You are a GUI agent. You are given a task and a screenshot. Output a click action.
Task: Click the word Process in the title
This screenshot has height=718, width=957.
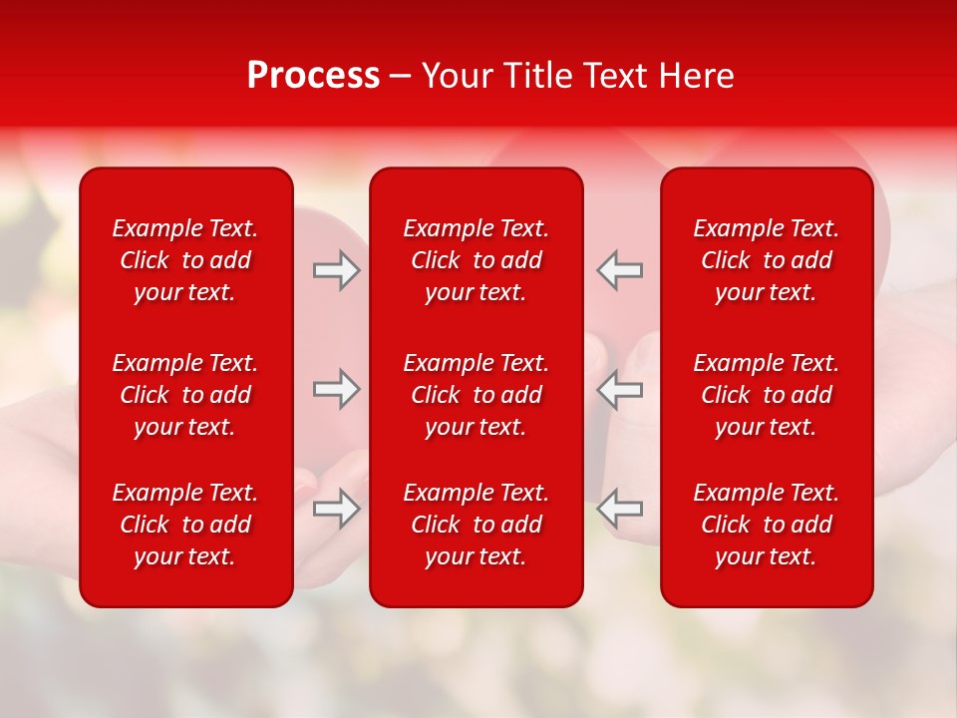point(313,76)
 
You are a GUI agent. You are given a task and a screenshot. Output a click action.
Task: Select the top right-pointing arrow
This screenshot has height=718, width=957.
point(337,271)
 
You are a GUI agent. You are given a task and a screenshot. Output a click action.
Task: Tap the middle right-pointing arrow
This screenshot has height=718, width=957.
point(337,389)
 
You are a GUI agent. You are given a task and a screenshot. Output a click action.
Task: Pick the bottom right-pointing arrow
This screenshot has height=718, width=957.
point(337,509)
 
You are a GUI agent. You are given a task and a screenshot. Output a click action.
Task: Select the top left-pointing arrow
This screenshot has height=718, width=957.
point(620,271)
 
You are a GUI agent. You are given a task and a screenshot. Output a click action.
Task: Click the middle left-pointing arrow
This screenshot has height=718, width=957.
point(620,389)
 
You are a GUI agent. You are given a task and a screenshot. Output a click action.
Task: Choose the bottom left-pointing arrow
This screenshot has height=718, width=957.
point(620,509)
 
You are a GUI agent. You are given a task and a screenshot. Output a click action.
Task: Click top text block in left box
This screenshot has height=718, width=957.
point(185,260)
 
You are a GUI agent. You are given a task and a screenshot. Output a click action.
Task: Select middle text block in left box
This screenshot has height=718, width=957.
point(185,395)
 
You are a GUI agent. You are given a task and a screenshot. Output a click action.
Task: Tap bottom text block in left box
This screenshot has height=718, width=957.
point(185,525)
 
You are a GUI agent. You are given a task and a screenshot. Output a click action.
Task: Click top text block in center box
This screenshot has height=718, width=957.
point(477,260)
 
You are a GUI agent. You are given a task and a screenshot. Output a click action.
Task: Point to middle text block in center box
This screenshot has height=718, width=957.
point(477,395)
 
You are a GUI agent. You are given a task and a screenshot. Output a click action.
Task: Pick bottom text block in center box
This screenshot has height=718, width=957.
point(477,525)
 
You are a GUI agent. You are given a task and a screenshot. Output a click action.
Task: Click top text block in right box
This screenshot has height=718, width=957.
point(767,260)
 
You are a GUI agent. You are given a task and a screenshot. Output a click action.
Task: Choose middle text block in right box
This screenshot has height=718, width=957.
point(767,395)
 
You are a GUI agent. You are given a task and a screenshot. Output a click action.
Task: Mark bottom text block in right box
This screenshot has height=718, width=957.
point(767,525)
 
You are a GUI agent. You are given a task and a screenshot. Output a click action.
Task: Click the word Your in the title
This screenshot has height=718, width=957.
point(457,76)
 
